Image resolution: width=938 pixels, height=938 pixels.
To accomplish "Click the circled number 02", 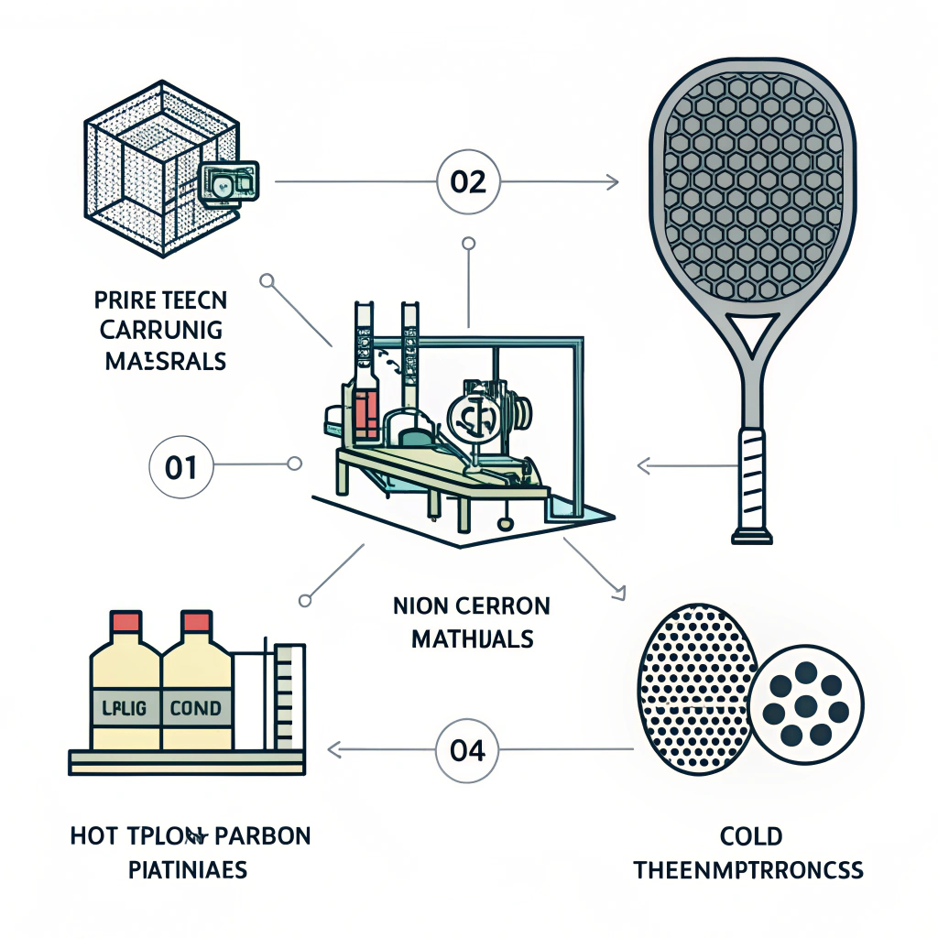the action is pyautogui.click(x=468, y=182).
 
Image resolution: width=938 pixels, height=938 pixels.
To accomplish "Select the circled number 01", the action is pyautogui.click(x=180, y=467).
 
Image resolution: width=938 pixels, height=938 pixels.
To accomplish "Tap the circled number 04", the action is pyautogui.click(x=467, y=749).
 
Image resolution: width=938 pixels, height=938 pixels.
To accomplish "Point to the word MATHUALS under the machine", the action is pyautogui.click(x=472, y=638).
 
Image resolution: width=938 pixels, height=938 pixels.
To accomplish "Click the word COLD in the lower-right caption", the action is pyautogui.click(x=748, y=836).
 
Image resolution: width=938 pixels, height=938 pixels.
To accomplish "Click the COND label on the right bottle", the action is pyautogui.click(x=196, y=708).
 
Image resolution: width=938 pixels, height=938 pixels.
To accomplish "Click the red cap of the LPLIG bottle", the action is pyautogui.click(x=125, y=625).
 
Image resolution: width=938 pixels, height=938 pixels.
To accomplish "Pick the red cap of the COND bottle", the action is pyautogui.click(x=197, y=625).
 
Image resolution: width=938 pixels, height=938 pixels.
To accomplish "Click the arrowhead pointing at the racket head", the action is pyautogui.click(x=613, y=182).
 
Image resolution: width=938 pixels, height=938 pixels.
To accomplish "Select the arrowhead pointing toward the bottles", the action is pyautogui.click(x=333, y=749).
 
